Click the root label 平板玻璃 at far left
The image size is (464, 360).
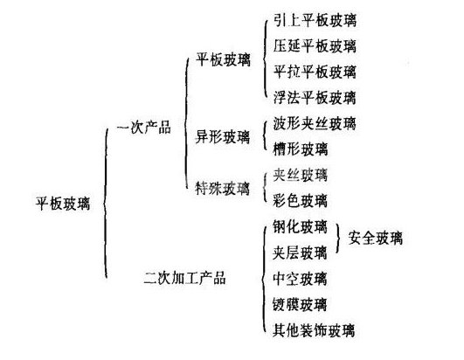tap(63, 204)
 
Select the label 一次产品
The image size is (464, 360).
tap(143, 128)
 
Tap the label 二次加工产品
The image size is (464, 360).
tap(184, 279)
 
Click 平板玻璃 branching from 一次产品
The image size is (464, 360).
tap(223, 59)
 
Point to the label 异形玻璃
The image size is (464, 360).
tap(223, 136)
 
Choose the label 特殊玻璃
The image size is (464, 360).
tap(223, 188)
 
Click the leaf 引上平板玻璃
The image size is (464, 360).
tap(315, 20)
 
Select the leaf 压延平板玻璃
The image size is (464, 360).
tap(315, 45)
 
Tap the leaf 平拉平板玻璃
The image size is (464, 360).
tap(315, 72)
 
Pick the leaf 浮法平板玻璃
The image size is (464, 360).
tap(315, 97)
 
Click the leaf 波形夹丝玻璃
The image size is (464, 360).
tap(315, 123)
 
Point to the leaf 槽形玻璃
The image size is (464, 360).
tap(301, 149)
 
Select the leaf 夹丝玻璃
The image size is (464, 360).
tap(301, 175)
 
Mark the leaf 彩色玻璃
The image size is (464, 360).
tap(301, 201)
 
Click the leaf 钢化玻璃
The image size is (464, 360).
tap(300, 227)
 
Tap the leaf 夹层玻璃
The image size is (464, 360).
tap(300, 253)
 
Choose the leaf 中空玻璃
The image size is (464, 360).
tap(300, 279)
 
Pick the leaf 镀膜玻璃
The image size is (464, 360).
tap(300, 304)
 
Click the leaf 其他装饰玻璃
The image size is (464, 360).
tap(314, 330)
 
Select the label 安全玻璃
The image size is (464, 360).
tap(376, 238)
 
